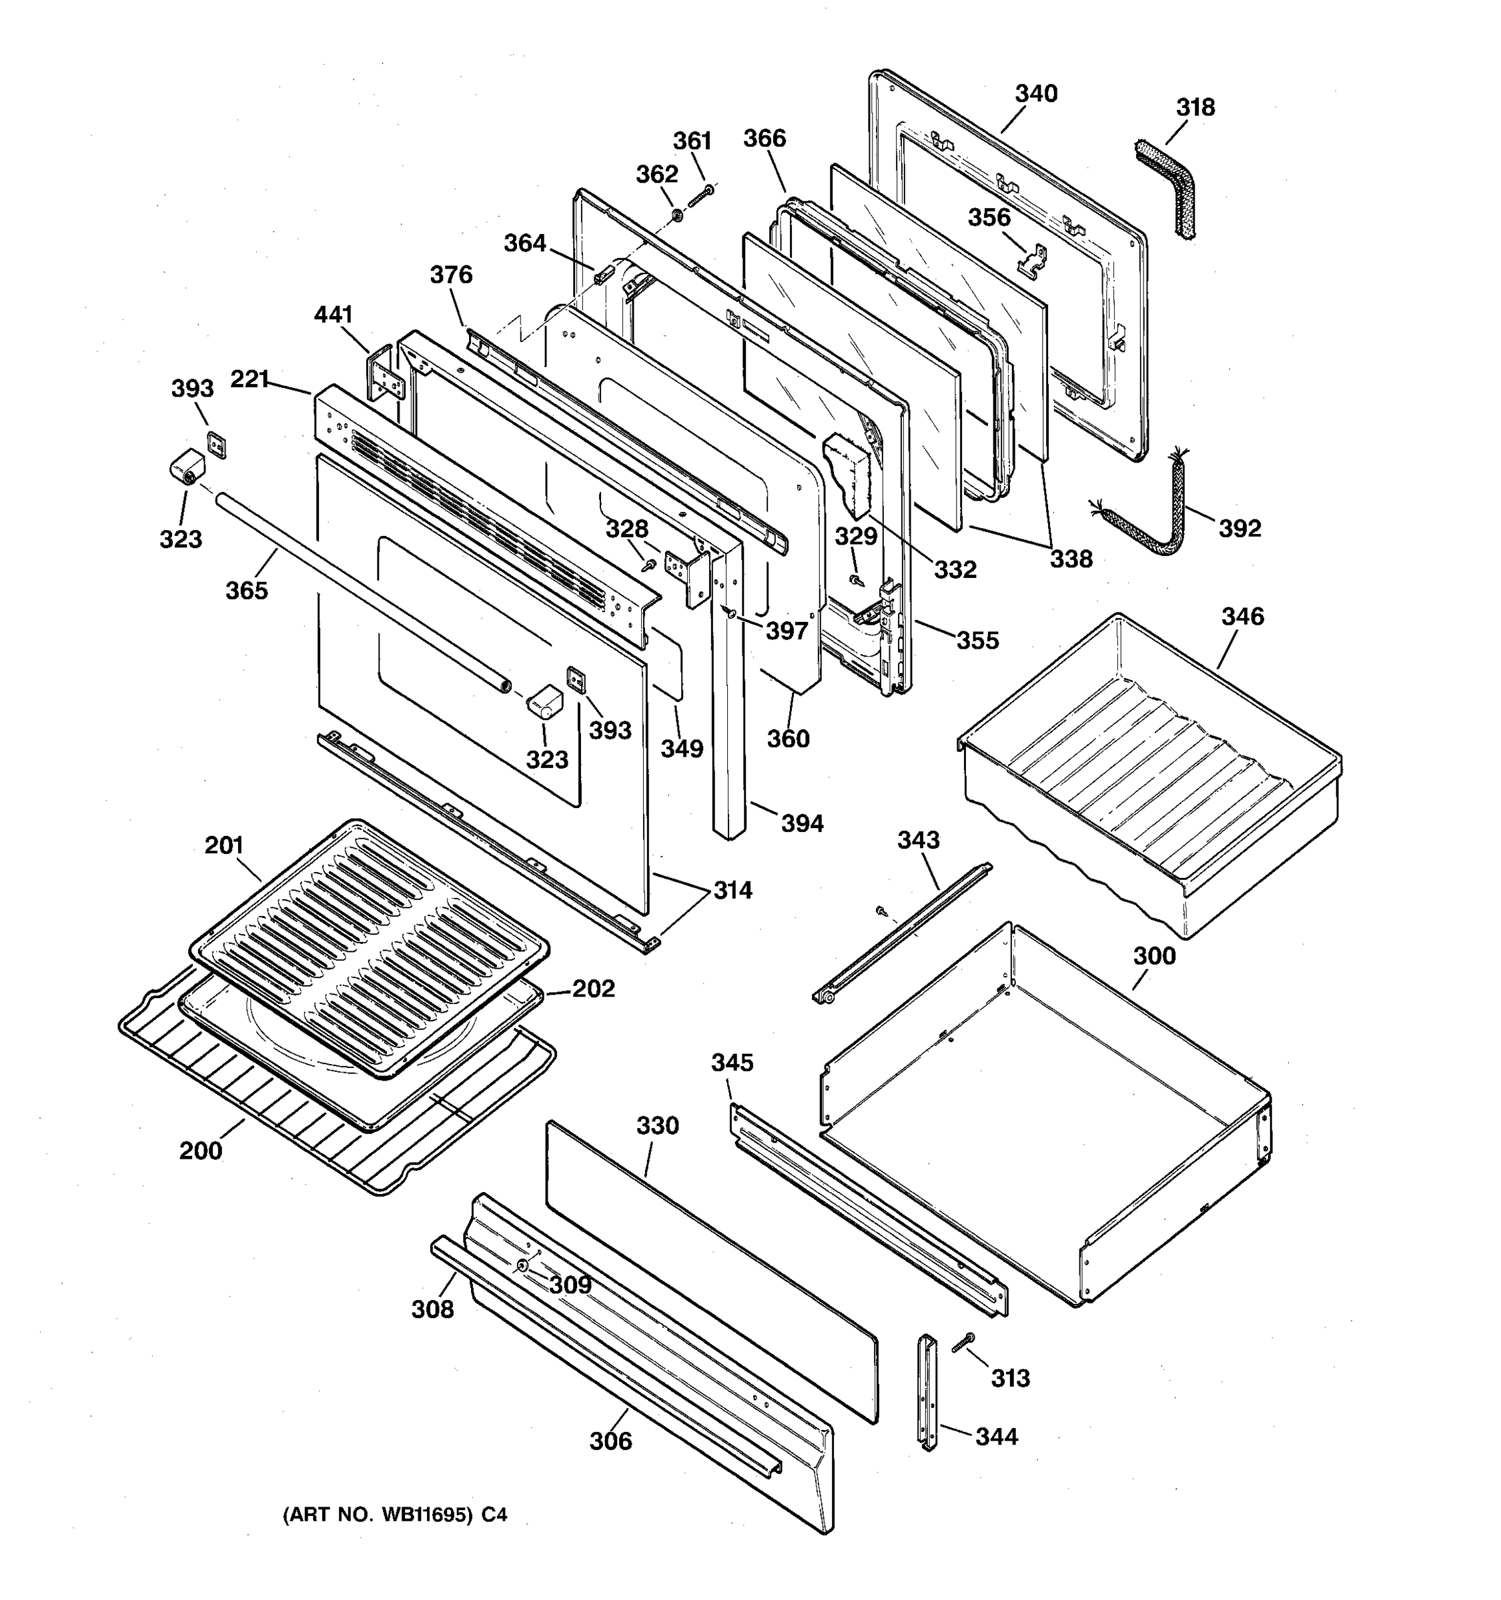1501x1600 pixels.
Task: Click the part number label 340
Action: click(1035, 94)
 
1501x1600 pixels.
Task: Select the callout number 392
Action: click(1238, 529)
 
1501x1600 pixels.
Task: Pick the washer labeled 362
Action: click(678, 216)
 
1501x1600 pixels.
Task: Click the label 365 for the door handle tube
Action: click(246, 591)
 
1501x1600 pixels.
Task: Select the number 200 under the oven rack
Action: click(201, 1151)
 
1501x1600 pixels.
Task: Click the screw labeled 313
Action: click(961, 1341)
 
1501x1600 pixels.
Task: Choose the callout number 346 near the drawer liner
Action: click(1243, 617)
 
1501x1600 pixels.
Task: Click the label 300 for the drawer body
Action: click(1154, 956)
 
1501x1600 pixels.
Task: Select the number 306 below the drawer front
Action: click(610, 1441)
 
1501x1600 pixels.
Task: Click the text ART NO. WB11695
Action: click(377, 1515)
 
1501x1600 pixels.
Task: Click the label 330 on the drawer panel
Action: click(657, 1126)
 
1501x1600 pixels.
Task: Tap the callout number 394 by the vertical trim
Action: click(802, 823)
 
